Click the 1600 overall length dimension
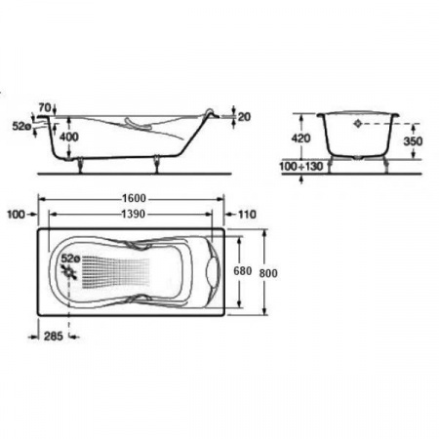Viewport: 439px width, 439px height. pos(134,198)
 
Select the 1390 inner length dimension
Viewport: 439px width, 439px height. pos(133,215)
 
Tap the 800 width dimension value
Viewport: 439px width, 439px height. pos(268,273)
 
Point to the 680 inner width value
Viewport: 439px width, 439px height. pos(243,271)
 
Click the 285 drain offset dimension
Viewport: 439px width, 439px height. pos(54,337)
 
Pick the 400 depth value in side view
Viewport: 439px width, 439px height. pos(69,137)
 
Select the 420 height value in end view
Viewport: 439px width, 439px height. pos(300,139)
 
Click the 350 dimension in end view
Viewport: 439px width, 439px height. pos(413,141)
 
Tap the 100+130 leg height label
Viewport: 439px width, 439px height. pos(301,167)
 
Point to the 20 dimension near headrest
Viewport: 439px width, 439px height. pos(244,117)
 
